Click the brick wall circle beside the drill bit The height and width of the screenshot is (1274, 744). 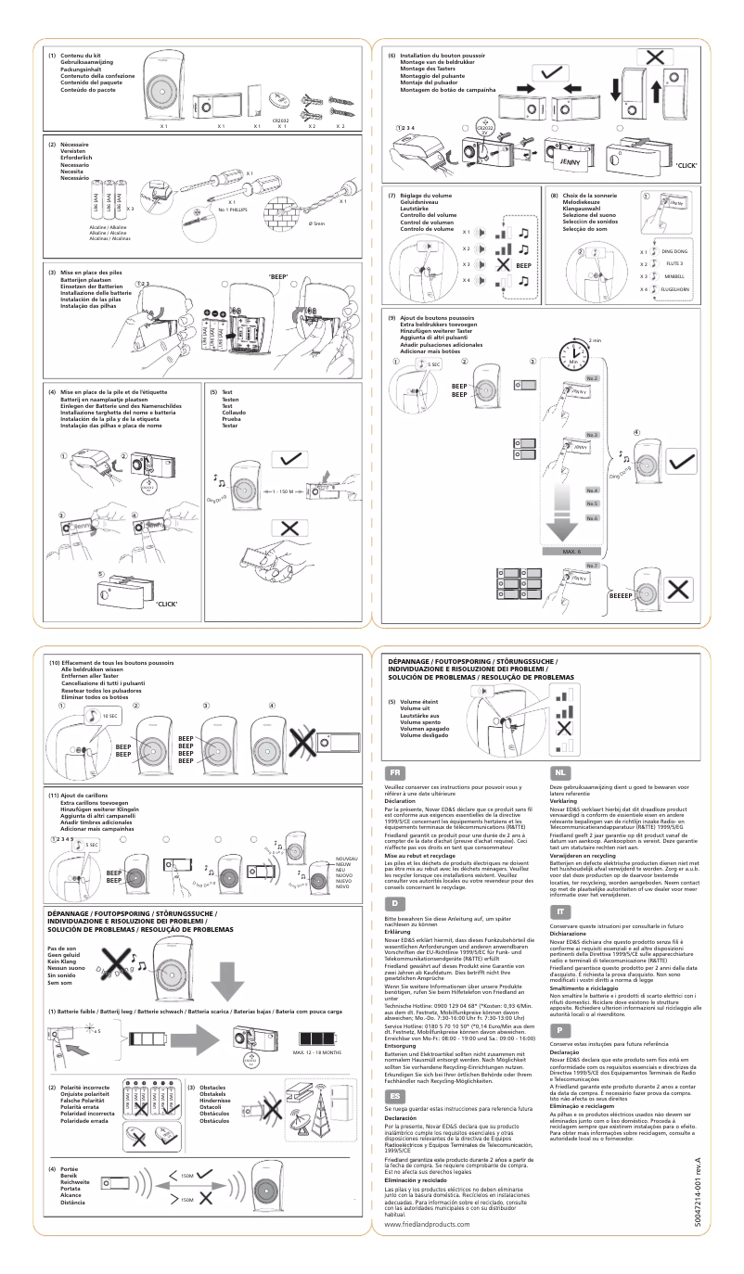coord(279,210)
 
